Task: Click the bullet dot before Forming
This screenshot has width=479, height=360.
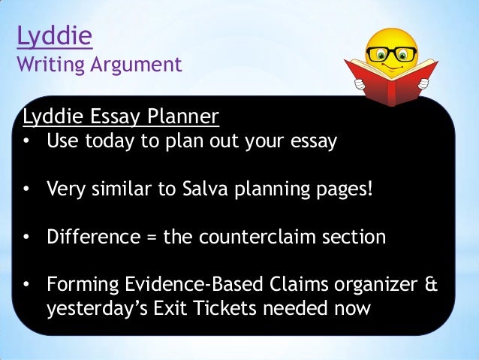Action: coord(27,286)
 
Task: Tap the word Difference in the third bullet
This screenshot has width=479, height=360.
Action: coord(91,237)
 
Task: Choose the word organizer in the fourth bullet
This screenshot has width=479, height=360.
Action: coord(371,286)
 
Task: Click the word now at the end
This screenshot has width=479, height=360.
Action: coord(351,309)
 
